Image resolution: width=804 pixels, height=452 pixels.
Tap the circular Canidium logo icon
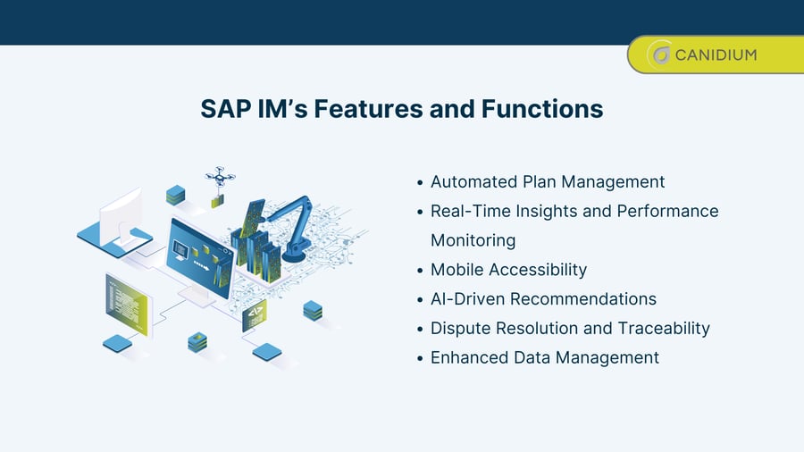click(660, 55)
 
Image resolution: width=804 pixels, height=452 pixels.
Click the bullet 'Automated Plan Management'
click(547, 181)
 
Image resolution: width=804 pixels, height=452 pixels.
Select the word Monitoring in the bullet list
click(473, 240)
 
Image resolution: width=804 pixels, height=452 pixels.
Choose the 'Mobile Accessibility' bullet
click(508, 270)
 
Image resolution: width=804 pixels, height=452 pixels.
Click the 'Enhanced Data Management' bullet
click(544, 357)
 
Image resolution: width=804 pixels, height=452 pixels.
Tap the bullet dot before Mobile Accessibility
click(420, 271)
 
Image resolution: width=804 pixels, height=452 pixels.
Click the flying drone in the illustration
click(219, 176)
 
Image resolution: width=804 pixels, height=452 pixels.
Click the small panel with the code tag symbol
click(254, 315)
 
